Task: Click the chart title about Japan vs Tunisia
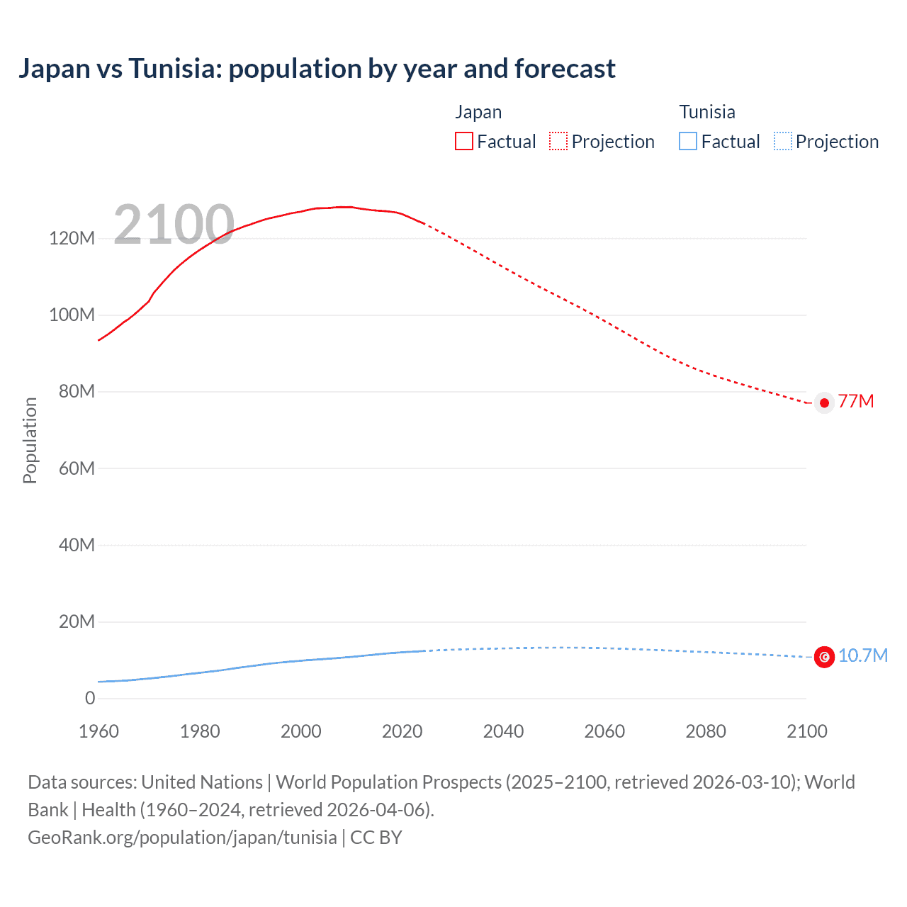click(317, 69)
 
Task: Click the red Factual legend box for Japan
click(463, 142)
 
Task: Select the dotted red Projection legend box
click(558, 142)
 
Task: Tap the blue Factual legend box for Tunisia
click(688, 142)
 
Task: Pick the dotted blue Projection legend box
click(783, 142)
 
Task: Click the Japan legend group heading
click(478, 112)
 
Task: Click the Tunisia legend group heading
click(707, 112)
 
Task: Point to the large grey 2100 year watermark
click(174, 225)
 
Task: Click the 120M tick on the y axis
click(72, 238)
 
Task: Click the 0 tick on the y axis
click(90, 698)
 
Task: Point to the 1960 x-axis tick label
click(98, 731)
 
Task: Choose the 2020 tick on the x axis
click(402, 731)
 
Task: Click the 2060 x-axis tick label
click(604, 731)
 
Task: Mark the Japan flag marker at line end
click(824, 402)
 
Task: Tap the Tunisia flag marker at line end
click(824, 657)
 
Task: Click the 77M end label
click(856, 401)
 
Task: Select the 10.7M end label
click(862, 655)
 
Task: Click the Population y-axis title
click(30, 440)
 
